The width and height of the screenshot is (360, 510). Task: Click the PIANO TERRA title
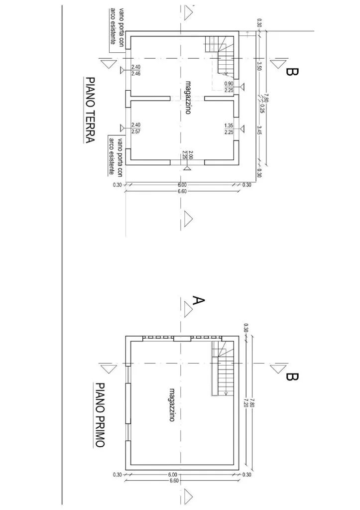[90, 110]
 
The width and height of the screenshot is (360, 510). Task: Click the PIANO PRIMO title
[100, 415]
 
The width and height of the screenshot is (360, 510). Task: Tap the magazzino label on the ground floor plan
[188, 97]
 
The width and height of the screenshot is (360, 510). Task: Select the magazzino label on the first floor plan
[172, 405]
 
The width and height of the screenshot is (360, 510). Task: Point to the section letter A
[198, 300]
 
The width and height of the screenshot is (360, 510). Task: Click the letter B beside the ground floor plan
[291, 72]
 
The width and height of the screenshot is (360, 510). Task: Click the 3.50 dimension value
[259, 66]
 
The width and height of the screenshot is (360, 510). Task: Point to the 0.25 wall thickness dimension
[262, 108]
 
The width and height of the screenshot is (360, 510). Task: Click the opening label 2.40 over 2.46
[135, 70]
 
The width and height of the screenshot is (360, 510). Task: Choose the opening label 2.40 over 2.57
[135, 128]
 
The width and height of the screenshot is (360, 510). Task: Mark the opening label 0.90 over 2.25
[229, 87]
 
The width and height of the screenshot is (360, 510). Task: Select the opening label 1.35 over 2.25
[229, 128]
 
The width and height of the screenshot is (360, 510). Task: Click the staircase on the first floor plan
[223, 368]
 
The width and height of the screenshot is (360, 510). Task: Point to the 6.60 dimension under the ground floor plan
[182, 191]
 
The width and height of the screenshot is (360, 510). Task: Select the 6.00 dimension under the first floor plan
[173, 475]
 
